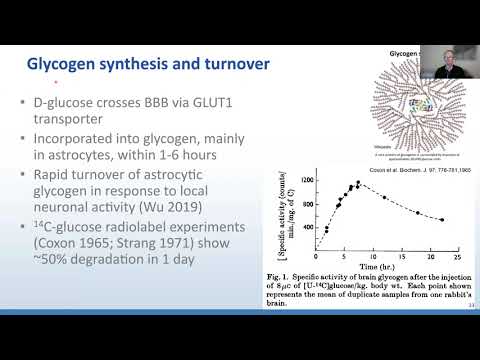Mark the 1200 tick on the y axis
pos(285,180)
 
